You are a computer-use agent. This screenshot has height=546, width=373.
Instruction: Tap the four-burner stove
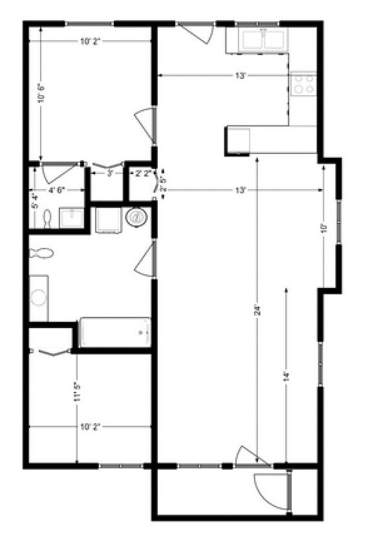304,83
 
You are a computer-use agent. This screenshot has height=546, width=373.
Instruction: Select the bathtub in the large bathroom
114,333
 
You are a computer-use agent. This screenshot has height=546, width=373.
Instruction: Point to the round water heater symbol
137,217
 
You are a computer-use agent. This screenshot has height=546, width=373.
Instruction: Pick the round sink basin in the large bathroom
39,298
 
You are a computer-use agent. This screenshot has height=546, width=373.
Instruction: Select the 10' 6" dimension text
41,96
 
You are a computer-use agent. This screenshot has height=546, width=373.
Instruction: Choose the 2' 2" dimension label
142,173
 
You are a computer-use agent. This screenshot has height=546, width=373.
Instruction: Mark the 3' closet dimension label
109,173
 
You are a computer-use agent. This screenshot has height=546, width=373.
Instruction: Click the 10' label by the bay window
326,228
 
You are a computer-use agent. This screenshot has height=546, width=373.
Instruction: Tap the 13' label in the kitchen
240,76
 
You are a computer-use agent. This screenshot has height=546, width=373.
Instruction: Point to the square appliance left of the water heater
107,220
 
